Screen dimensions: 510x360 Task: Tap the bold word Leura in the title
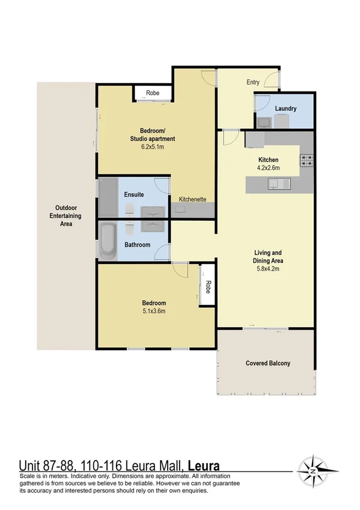tap(204, 466)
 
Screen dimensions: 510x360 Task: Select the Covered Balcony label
tap(267, 363)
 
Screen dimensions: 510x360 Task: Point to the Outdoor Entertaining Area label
tap(66, 216)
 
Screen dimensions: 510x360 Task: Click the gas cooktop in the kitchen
tap(307, 160)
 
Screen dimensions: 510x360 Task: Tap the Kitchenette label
tap(192, 198)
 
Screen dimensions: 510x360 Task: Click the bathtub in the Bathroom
tap(109, 242)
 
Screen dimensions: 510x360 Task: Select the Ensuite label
tap(133, 195)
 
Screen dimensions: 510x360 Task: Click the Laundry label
tap(285, 109)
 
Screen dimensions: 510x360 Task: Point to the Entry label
tap(253, 82)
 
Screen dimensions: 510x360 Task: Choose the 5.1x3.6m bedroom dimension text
tap(154, 312)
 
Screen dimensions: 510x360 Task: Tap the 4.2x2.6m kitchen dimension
tap(267, 168)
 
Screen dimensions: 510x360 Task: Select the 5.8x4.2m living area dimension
tap(267, 269)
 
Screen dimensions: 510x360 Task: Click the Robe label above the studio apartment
tap(152, 93)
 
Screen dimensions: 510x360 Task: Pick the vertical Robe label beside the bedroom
tap(208, 285)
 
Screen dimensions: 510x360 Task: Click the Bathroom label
tap(137, 245)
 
